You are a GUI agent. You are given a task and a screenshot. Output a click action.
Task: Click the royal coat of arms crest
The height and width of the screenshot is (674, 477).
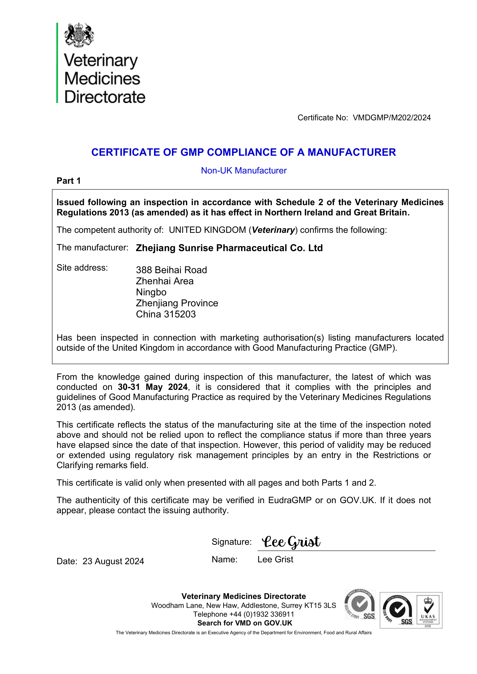tap(79, 35)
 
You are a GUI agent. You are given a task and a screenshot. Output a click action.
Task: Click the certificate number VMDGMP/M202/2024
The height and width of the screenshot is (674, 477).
tap(392, 118)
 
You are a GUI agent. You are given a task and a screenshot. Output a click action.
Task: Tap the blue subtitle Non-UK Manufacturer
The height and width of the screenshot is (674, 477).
tap(243, 171)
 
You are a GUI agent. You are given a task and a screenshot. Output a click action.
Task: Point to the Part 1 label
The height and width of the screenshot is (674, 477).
tap(68, 181)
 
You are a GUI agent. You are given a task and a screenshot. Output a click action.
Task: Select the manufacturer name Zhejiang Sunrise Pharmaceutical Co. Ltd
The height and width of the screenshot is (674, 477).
tap(229, 248)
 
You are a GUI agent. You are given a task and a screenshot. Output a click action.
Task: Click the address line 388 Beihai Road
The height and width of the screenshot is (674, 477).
tap(171, 270)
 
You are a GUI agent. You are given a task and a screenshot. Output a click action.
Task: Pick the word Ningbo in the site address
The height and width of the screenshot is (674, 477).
tap(151, 292)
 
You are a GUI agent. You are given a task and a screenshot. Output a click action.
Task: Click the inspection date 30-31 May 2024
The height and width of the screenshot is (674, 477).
tap(153, 387)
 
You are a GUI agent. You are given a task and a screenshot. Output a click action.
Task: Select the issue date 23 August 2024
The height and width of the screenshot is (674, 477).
tap(113, 561)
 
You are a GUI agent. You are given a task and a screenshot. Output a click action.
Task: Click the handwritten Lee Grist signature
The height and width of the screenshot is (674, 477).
tap(291, 542)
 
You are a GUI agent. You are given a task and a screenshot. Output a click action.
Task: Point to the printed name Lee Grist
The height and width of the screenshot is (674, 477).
tap(275, 560)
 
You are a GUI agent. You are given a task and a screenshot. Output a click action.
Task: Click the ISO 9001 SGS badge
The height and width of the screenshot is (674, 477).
tap(398, 610)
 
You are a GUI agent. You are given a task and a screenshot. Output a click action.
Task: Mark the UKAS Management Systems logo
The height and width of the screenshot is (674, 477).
tap(428, 610)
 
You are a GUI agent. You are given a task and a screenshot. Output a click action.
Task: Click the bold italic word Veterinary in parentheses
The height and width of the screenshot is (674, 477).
tap(273, 230)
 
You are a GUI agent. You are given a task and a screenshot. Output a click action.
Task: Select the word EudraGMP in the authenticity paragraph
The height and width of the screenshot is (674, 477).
tap(290, 500)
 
